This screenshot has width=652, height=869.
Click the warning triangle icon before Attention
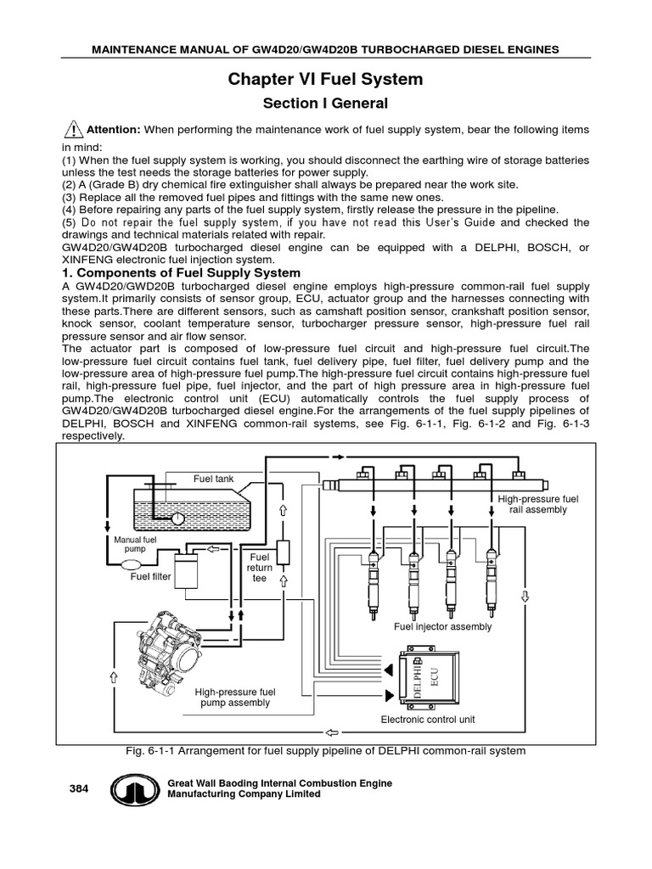click(x=73, y=130)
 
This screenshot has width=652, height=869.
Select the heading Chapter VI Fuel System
click(x=325, y=80)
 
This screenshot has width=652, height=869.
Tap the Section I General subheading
click(x=325, y=104)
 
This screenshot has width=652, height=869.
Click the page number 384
click(x=79, y=788)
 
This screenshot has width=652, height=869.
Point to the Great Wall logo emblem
click(x=132, y=790)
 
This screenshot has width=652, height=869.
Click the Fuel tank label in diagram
click(x=213, y=479)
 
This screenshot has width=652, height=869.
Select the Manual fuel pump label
click(x=135, y=544)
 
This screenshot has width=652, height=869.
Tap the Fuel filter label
click(x=150, y=577)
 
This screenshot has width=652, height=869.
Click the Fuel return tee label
click(x=259, y=568)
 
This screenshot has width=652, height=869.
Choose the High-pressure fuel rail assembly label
click(x=537, y=504)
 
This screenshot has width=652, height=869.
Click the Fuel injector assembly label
click(x=442, y=626)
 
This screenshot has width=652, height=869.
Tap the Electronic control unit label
click(x=427, y=720)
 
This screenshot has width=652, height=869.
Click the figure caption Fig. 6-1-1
click(x=325, y=751)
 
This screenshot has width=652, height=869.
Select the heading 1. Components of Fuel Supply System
click(x=181, y=272)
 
